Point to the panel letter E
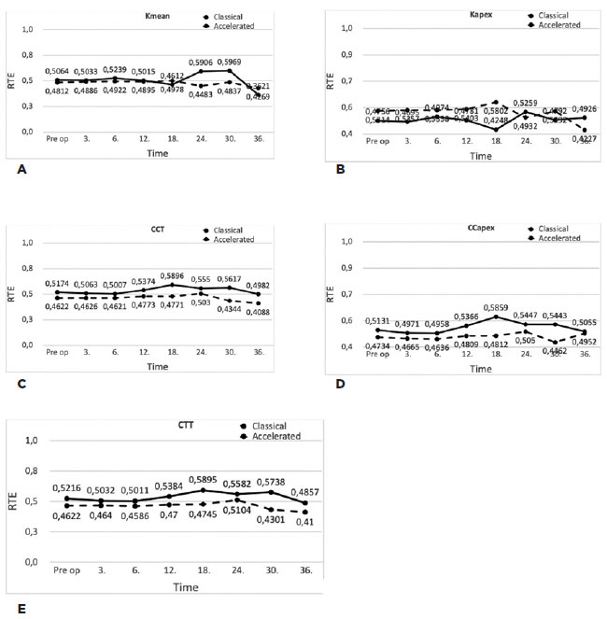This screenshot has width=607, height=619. pyautogui.click(x=21, y=608)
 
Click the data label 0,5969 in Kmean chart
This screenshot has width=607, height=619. pyautogui.click(x=236, y=63)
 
